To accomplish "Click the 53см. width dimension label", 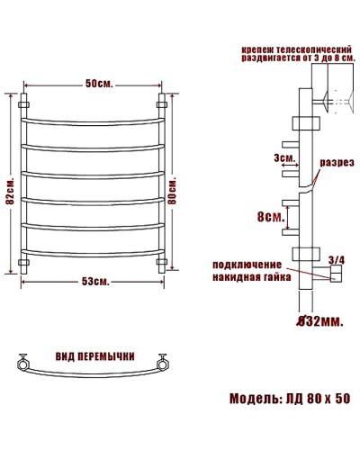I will [94, 282].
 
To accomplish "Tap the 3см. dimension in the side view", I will [286, 158].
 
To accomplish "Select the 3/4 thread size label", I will [337, 261].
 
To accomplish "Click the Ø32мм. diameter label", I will [316, 319].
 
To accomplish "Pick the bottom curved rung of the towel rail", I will [93, 251].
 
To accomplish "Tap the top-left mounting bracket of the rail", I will [24, 97].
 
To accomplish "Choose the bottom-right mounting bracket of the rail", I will [163, 263].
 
